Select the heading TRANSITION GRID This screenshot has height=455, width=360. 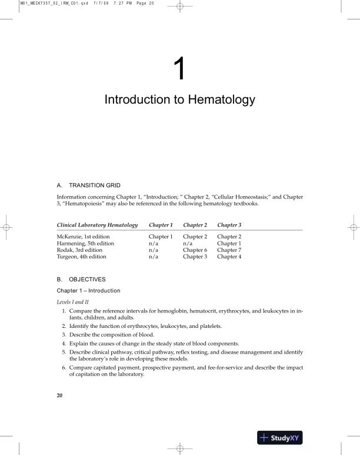pyautogui.click(x=95, y=184)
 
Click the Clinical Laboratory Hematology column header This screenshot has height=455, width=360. pyautogui.click(x=97, y=225)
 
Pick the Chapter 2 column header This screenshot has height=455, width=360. pyautogui.click(x=195, y=225)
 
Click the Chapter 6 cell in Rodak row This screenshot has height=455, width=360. pyautogui.click(x=195, y=250)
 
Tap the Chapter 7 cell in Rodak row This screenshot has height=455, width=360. pyautogui.click(x=229, y=250)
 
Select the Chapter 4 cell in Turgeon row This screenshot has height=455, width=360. pyautogui.click(x=229, y=257)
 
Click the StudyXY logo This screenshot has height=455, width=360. pyautogui.click(x=279, y=437)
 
